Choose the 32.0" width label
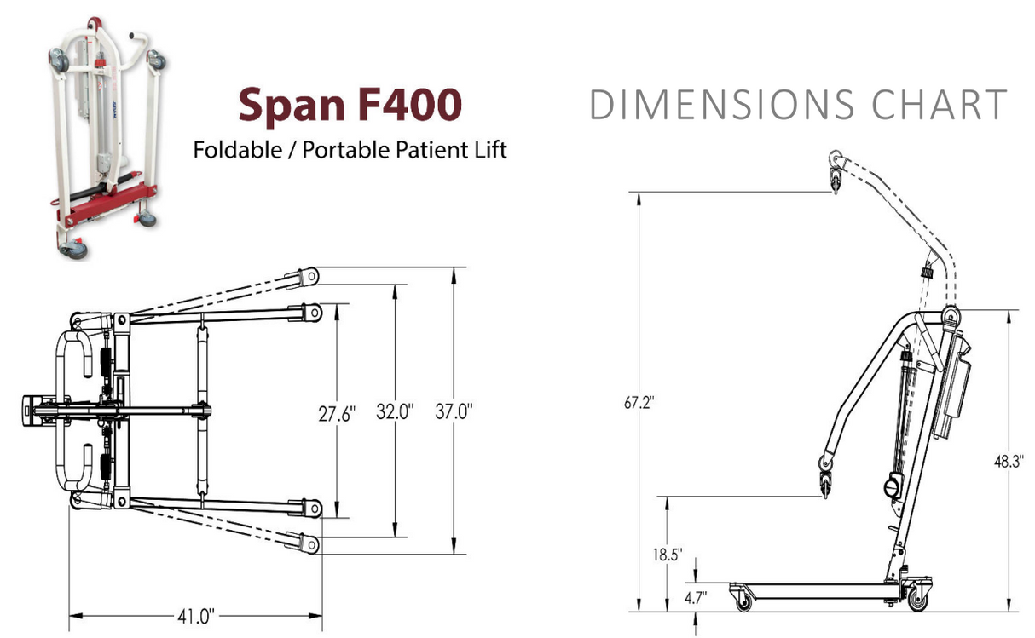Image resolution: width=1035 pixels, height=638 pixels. [395, 413]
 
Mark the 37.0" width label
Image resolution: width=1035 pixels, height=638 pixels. [454, 413]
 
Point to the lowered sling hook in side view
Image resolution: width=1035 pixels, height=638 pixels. [824, 476]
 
